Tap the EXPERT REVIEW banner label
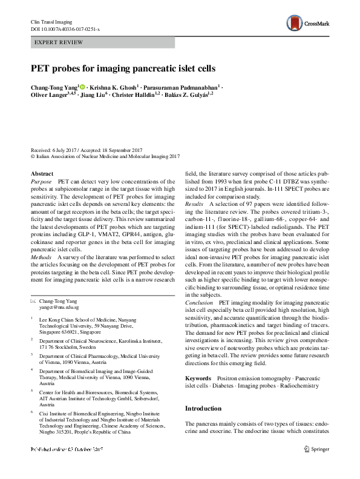tap(55, 43)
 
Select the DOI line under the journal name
tap(65, 29)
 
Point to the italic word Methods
tap(41, 257)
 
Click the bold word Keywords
tap(198, 378)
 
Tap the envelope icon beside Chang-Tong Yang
tap(33, 301)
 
